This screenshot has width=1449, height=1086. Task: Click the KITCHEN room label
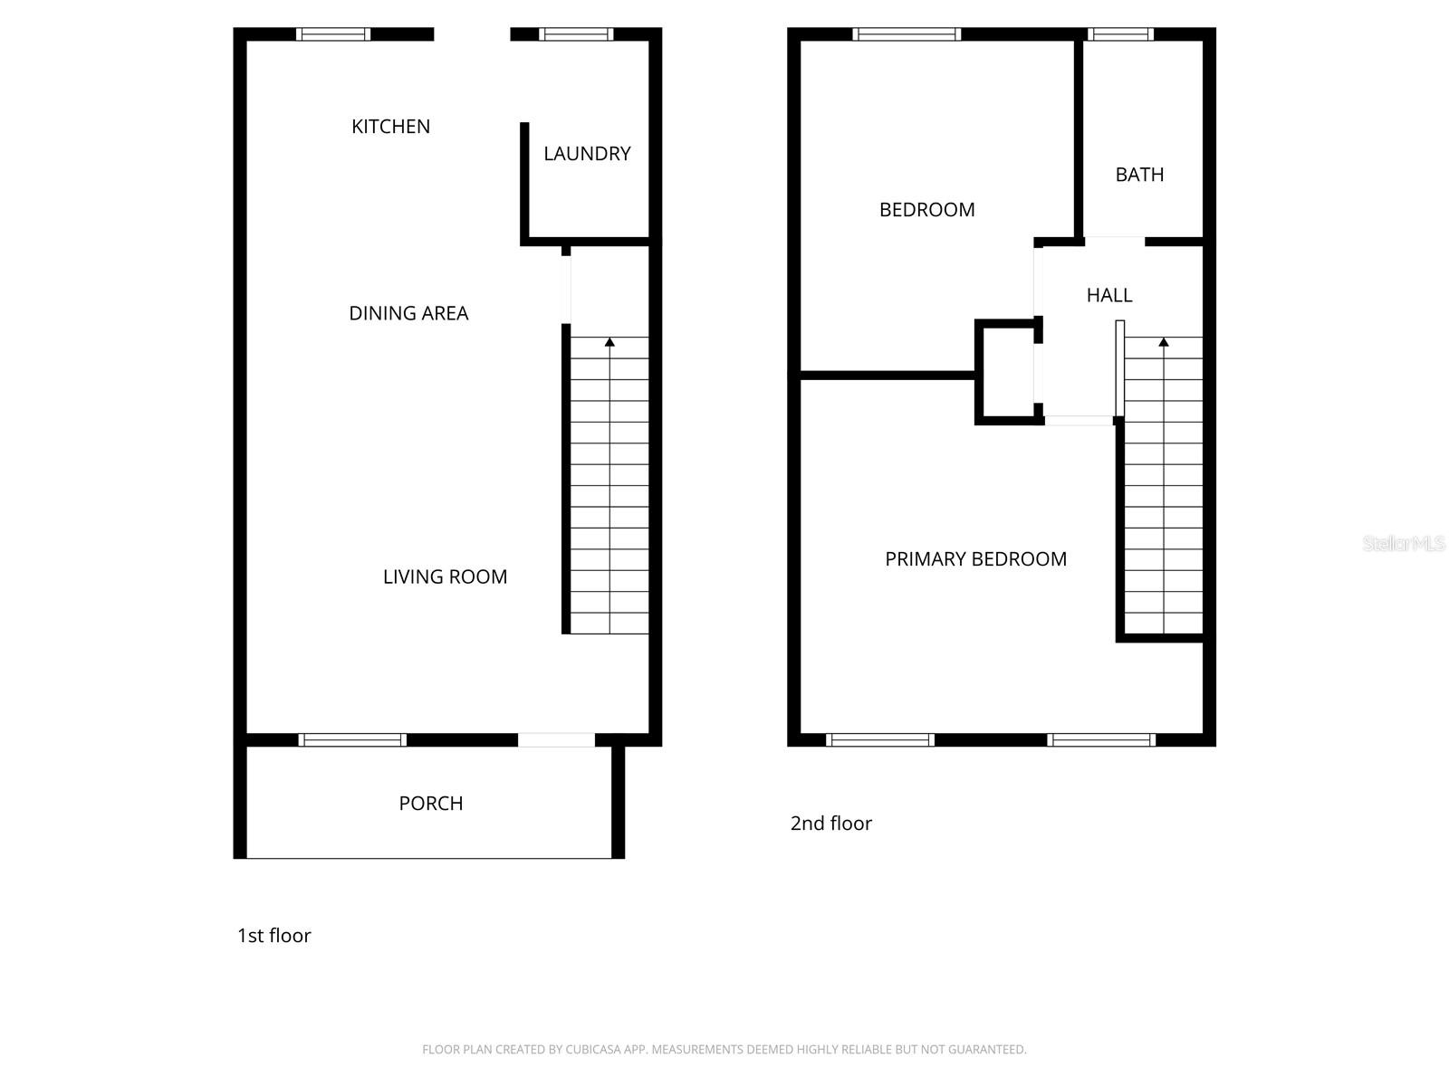[x=390, y=127]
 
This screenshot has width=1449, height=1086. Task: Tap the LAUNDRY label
[x=587, y=154]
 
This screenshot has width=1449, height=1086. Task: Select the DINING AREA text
[x=408, y=313]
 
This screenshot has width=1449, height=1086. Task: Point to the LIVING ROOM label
[x=445, y=576]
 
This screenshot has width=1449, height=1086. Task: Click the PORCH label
[x=430, y=804]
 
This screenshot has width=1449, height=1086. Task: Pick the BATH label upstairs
[x=1139, y=175]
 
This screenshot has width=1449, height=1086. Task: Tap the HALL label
[x=1109, y=295]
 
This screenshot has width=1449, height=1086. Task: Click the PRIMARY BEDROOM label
[x=975, y=559]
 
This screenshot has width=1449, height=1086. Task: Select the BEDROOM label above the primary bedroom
[x=926, y=210]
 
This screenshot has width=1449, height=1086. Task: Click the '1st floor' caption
[x=273, y=936]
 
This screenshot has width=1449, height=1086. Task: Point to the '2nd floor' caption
[x=830, y=824]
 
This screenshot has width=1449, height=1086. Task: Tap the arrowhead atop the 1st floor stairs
[x=609, y=342]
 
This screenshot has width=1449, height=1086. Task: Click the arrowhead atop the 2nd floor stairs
[x=1164, y=342]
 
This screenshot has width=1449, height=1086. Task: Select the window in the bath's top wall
[x=1120, y=35]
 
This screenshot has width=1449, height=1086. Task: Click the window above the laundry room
[x=576, y=35]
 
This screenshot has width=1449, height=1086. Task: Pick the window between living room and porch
[x=352, y=740]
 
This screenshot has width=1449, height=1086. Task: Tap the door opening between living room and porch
[x=556, y=740]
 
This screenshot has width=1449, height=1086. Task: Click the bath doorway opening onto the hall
[x=1115, y=242]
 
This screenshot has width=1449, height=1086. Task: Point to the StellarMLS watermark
[x=1404, y=544]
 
